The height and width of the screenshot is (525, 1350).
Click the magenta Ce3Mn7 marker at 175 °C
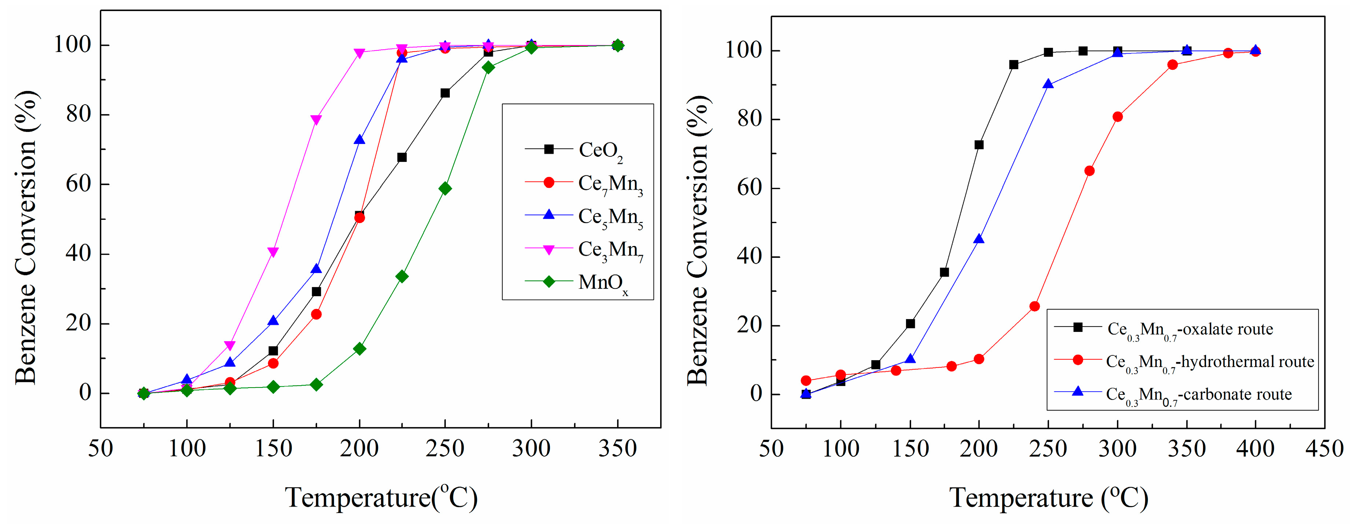[316, 120]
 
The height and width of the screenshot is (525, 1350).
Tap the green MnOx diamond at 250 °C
[445, 189]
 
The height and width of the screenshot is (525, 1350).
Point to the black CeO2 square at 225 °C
[402, 157]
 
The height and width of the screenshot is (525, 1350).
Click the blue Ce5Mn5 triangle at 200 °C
[360, 140]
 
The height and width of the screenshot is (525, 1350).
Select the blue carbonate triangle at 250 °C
[1048, 84]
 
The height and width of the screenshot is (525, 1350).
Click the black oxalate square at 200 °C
[979, 145]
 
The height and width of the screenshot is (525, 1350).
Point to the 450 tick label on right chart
[1324, 449]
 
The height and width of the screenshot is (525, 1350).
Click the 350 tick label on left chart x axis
[617, 449]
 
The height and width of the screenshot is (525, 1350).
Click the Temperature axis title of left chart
[381, 497]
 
